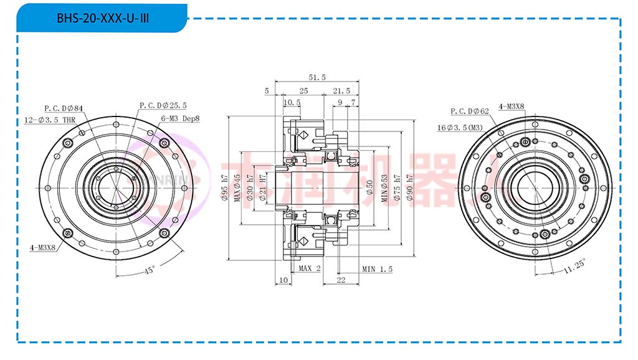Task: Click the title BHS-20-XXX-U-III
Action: tap(103, 18)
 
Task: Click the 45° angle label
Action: tap(150, 271)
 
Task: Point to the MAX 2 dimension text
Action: tap(309, 268)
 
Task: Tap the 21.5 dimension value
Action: tap(341, 91)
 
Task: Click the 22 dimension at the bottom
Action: tap(341, 281)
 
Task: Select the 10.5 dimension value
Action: tap(292, 102)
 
